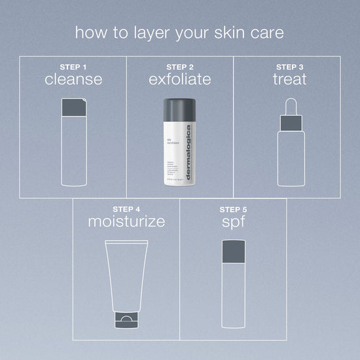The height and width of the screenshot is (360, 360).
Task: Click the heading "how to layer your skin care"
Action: click(x=179, y=32)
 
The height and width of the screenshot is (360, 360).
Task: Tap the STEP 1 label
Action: click(x=73, y=67)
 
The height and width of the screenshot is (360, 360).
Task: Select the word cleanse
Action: click(x=73, y=80)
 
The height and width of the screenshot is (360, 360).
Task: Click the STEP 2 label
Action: click(x=180, y=67)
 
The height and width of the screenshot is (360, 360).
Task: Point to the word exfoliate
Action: click(x=180, y=80)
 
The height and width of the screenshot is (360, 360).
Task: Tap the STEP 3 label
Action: click(x=289, y=67)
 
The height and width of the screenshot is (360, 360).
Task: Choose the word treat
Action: click(x=289, y=80)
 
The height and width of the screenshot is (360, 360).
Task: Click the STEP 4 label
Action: click(x=126, y=209)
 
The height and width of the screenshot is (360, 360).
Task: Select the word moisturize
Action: click(x=126, y=222)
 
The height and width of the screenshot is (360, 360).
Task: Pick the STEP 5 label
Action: click(x=234, y=209)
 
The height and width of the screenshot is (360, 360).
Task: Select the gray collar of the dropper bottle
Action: click(x=289, y=122)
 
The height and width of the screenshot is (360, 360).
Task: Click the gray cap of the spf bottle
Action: click(x=234, y=251)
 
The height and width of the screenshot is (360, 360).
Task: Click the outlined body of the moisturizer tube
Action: click(x=126, y=275)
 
